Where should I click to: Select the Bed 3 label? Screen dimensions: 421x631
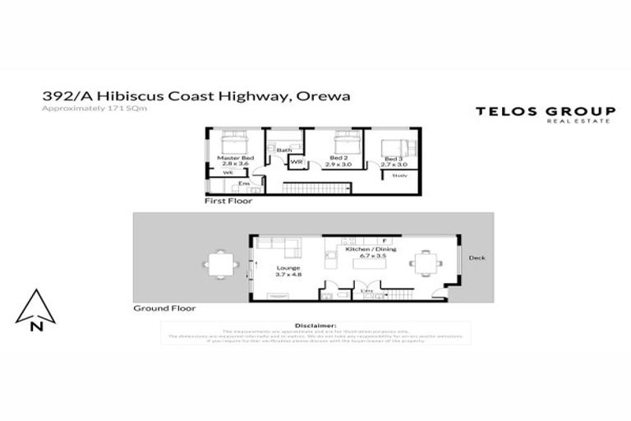pos(392,158)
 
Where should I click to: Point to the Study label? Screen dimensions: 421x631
pos(400,175)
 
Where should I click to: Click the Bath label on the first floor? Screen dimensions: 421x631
pos(284,150)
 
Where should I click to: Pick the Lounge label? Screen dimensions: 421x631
pos(288,268)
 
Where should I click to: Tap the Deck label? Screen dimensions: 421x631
pos(477,258)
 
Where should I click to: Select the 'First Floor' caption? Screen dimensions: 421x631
pos(228,201)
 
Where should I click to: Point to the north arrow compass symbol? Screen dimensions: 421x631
pos(35,309)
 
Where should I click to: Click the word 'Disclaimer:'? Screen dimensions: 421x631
pos(315,326)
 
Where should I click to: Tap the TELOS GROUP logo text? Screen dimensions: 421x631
pos(545,112)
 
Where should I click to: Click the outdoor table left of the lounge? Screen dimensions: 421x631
pos(219,265)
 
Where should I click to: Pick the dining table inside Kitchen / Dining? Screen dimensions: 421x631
pos(426,264)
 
